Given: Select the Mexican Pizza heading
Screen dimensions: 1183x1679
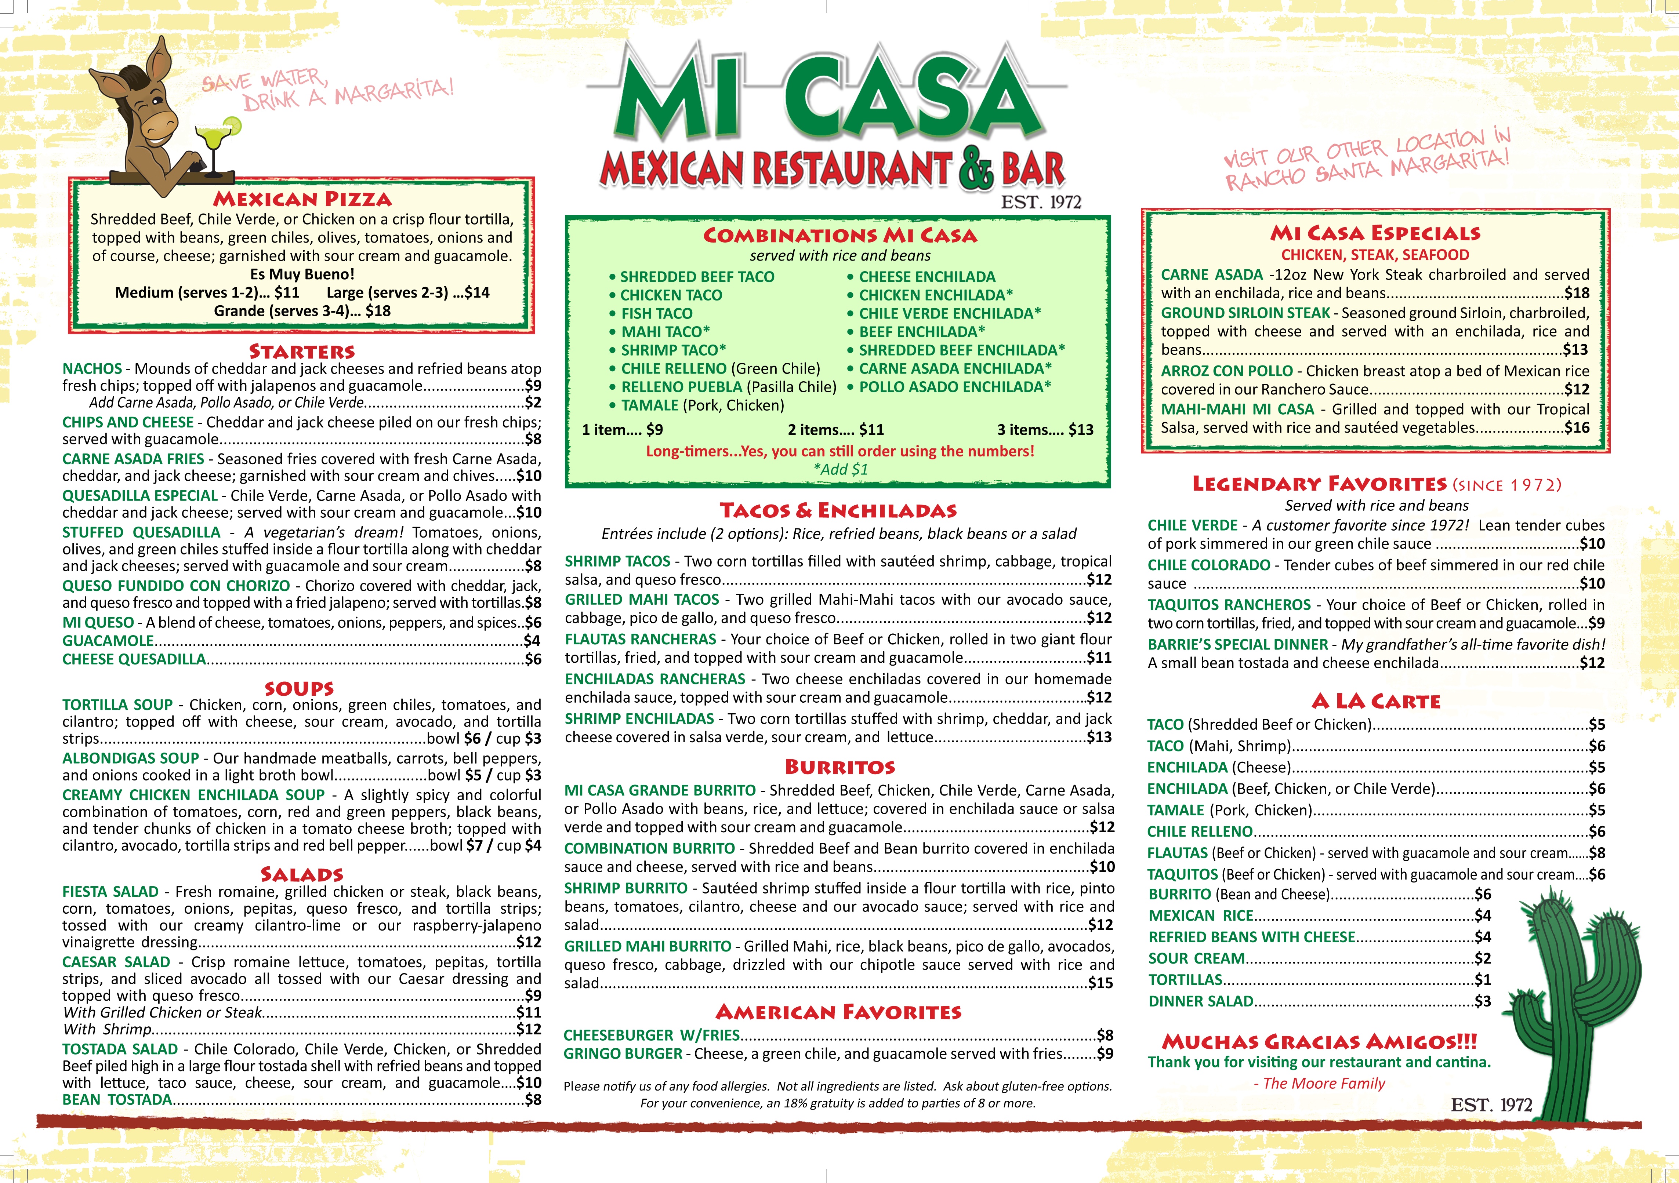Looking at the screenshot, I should [x=302, y=199].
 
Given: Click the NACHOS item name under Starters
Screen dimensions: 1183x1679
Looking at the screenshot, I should [x=92, y=368].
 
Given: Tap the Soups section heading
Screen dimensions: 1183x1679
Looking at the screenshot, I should [x=299, y=688].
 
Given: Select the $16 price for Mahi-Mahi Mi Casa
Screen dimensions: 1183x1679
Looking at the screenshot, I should [x=1577, y=428].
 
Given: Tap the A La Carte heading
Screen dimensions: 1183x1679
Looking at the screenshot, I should [x=1375, y=701].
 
